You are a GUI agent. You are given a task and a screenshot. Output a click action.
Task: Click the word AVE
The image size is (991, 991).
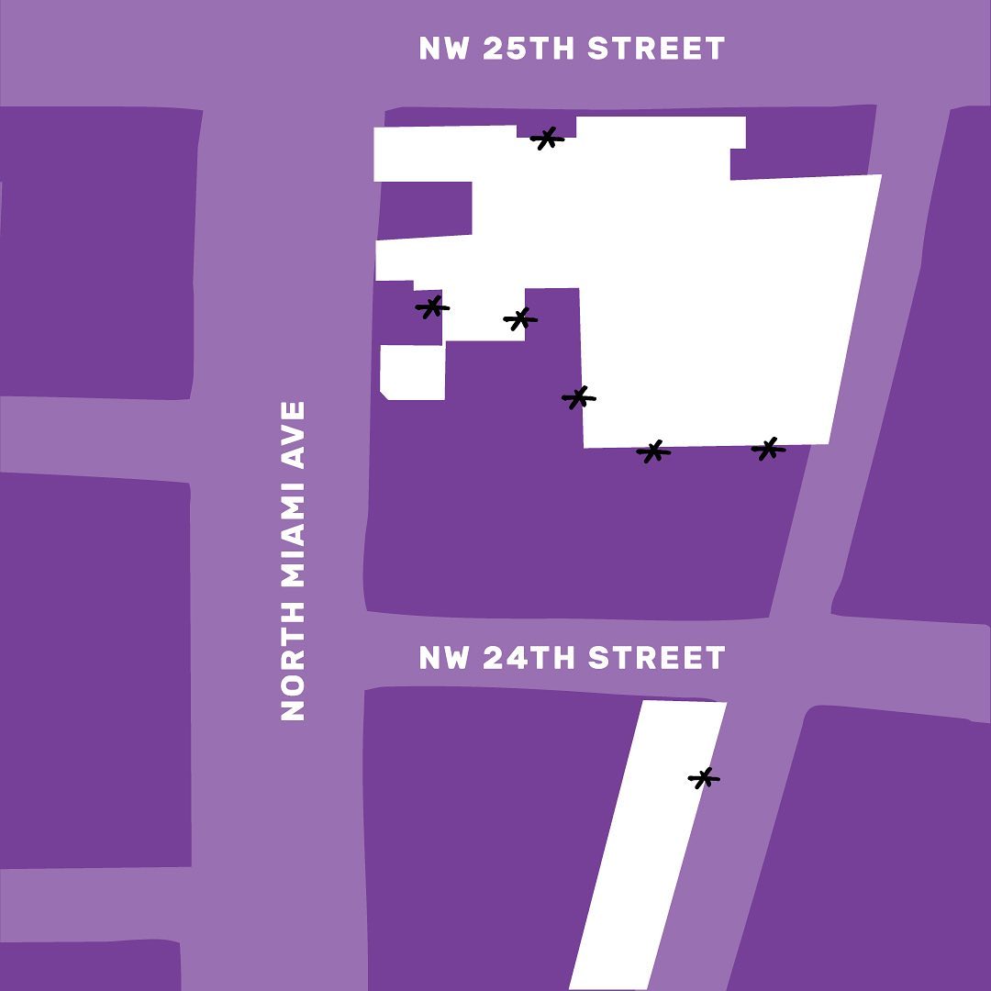(x=293, y=435)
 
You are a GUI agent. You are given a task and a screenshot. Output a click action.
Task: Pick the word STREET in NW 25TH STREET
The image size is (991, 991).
(x=656, y=49)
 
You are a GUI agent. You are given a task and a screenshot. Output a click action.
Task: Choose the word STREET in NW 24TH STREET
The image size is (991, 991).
(x=656, y=658)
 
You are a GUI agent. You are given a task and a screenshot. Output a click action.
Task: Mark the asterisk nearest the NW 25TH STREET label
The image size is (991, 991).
(x=547, y=139)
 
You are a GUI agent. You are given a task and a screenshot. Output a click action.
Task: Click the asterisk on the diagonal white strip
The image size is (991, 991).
(x=704, y=778)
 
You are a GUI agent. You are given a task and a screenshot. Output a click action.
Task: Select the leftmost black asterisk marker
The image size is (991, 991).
(x=432, y=307)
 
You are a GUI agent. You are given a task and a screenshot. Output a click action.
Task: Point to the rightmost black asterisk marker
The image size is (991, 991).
(x=768, y=449)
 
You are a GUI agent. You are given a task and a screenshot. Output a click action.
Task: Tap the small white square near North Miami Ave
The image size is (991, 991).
(x=413, y=372)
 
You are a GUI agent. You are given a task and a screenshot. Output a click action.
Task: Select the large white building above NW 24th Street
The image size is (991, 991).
(x=716, y=303)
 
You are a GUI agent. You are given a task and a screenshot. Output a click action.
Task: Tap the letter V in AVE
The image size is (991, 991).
(x=293, y=434)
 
